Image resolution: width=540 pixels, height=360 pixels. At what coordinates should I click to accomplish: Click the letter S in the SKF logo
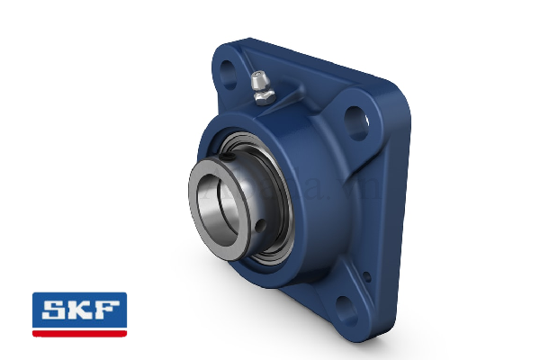(51, 310)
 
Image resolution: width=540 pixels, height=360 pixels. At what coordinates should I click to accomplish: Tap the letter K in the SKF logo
(79, 310)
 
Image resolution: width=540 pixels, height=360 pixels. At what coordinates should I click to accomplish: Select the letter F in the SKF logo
(106, 310)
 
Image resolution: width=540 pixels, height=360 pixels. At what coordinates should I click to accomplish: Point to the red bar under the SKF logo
(79, 333)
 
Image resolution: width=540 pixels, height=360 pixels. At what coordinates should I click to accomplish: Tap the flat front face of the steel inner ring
(197, 225)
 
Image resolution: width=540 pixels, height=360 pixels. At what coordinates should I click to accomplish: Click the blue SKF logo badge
(79, 310)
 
